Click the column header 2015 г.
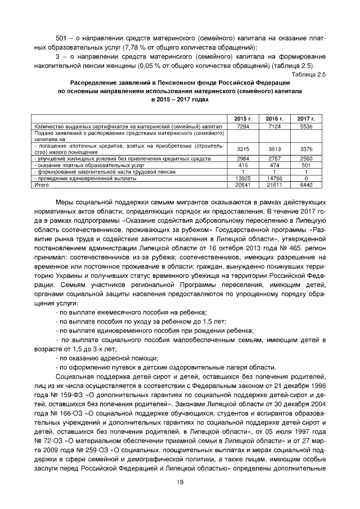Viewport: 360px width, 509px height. [243, 119]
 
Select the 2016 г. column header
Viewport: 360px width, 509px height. [274, 119]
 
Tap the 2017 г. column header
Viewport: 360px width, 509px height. [306, 119]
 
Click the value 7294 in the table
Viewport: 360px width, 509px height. [243, 128]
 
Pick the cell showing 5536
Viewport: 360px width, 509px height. [306, 128]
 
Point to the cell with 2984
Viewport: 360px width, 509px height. [243, 160]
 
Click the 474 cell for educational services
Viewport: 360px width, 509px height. [274, 166]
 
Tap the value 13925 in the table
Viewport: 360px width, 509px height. [243, 178]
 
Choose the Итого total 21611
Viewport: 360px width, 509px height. [274, 184]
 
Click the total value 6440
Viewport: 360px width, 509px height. [306, 184]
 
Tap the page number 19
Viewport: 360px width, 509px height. [180, 481]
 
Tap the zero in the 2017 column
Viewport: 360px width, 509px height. [306, 178]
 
